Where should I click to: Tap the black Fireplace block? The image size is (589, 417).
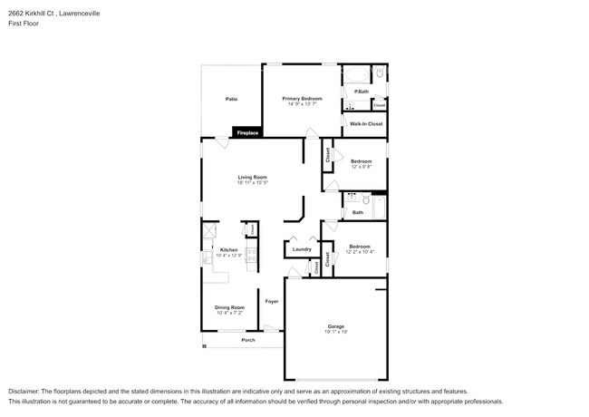coord(247,133)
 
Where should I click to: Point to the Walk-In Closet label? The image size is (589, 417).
coord(366,123)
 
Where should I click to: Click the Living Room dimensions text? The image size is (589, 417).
coord(252,182)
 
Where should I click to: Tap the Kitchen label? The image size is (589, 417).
coord(229,250)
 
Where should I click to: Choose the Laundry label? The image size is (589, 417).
coord(302,249)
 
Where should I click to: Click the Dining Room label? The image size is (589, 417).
coord(230,307)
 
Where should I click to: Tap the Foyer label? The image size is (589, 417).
coord(272,301)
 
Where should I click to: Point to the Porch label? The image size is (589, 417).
coord(248,341)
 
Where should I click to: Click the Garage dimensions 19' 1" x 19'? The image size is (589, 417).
coord(335,332)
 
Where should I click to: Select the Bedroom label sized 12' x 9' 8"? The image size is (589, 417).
coord(361,161)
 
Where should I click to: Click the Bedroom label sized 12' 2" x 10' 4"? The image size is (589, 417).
coord(360,246)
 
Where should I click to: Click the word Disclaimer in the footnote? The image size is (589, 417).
coord(24,390)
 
